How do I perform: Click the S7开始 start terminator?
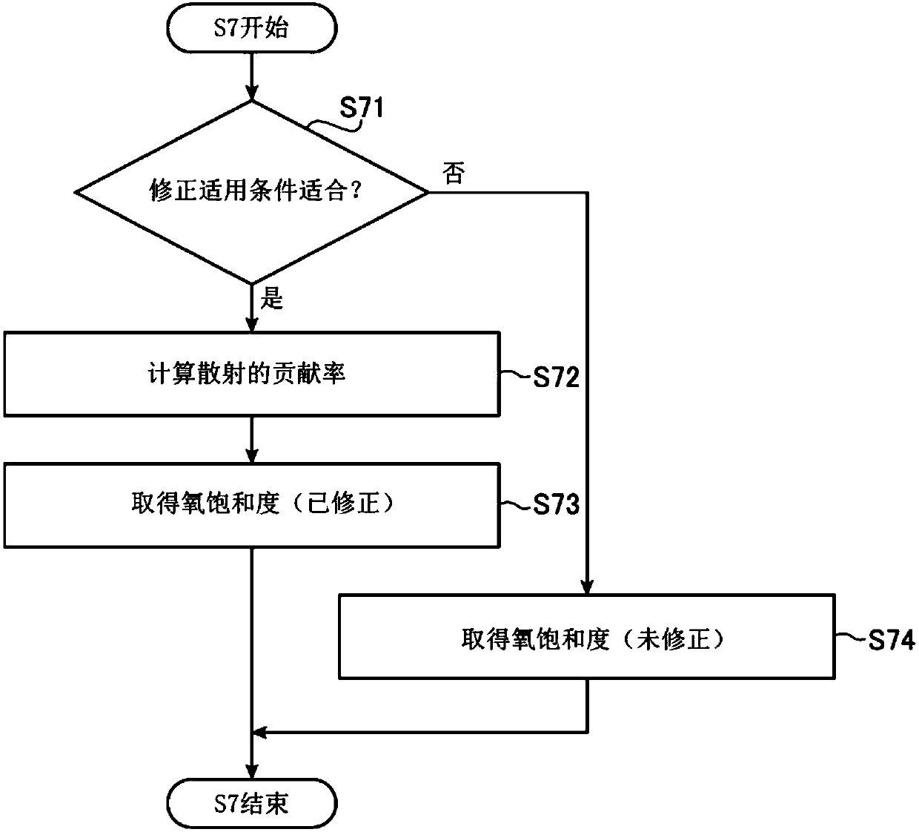(x=252, y=28)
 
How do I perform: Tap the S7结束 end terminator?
(x=252, y=804)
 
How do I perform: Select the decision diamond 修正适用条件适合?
(x=252, y=192)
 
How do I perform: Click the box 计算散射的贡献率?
(x=252, y=374)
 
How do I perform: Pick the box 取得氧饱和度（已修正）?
(x=252, y=505)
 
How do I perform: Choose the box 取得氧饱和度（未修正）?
(x=587, y=637)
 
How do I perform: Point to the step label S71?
(x=362, y=108)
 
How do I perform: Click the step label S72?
(x=556, y=377)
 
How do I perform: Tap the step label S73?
(x=556, y=504)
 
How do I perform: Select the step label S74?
(x=892, y=640)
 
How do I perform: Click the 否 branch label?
(x=454, y=173)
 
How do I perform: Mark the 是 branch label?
(x=272, y=298)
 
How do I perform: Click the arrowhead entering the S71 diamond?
(x=252, y=93)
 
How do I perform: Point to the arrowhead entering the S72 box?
(x=252, y=324)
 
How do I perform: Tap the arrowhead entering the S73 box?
(x=252, y=455)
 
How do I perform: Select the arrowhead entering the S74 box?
(x=587, y=587)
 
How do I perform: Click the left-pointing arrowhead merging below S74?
(x=259, y=733)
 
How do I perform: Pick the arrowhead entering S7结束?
(x=252, y=771)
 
